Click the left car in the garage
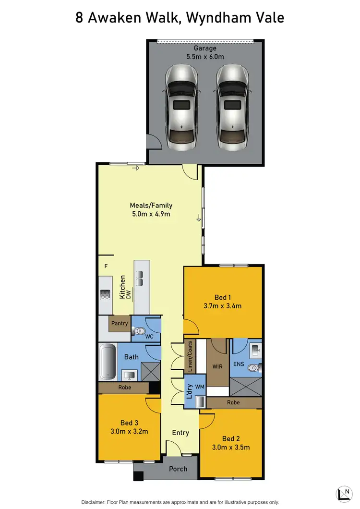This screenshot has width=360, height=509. [x=181, y=108]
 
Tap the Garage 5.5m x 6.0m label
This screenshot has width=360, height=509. [x=205, y=52]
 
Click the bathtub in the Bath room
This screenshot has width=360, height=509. [x=108, y=361]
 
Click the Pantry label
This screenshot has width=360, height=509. [x=120, y=323]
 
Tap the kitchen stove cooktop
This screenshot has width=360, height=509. [x=105, y=295]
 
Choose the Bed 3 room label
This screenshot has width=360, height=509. [x=129, y=427]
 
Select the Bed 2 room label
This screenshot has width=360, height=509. [x=231, y=438]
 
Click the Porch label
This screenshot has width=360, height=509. [x=178, y=469]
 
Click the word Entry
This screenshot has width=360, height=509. [x=180, y=433]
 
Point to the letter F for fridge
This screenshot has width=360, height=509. [x=106, y=266]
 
